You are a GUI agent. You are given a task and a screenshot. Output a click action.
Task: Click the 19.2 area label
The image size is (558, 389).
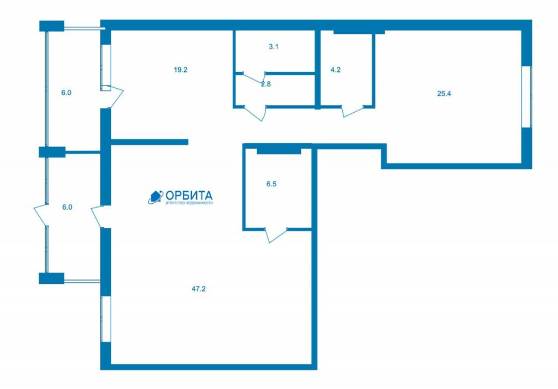pos(180,70)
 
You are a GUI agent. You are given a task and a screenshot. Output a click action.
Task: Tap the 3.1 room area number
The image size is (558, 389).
pos(274,47)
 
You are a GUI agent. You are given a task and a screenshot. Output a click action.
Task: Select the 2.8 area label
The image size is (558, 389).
pos(266,84)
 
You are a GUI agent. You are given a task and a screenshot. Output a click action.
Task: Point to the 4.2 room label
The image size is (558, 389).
pos(336,70)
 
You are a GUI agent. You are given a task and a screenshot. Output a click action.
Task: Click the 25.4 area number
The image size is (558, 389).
pos(444,94)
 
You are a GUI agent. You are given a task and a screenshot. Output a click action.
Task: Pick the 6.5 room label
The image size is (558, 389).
pos(271,184)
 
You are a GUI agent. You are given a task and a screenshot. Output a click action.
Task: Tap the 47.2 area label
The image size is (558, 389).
pos(198,289)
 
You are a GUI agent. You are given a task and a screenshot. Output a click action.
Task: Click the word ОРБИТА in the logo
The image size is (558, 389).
pos(189,196)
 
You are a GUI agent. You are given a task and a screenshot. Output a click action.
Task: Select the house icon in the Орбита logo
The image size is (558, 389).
pos(155,197)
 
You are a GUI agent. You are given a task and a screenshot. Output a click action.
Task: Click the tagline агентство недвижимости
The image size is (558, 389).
pos(189,203)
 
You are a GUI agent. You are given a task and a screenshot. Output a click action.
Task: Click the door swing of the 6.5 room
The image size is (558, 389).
pos(276,235)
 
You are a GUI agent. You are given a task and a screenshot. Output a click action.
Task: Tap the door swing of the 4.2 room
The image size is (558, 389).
pos(353,111)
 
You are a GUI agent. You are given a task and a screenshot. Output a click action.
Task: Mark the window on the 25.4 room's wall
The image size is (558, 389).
pos(527,97)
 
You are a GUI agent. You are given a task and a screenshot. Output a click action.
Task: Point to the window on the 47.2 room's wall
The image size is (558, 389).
pos(106,319)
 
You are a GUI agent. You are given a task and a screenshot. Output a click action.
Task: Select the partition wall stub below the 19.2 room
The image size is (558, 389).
pos(149,142)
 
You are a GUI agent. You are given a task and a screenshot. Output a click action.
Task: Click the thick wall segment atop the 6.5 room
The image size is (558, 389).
pos(279,151)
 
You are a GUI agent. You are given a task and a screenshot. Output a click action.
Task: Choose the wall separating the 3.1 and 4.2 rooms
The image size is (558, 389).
pos(318,69)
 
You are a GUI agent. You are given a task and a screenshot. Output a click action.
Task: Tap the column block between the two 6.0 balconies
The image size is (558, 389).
pos(52,152)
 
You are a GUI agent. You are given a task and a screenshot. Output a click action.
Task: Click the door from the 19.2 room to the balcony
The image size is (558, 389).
pos(113,97)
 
